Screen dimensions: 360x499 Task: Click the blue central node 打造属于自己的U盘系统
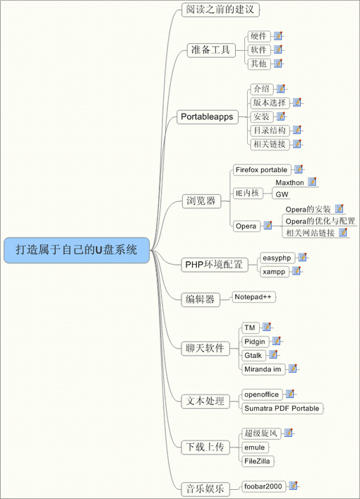pos(76,250)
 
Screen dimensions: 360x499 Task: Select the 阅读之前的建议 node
pos(220,10)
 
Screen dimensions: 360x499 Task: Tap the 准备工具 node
pos(211,50)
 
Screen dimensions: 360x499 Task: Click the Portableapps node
pos(208,116)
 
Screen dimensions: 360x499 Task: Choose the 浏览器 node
pos(201,201)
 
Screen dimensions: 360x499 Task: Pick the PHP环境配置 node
pos(214,265)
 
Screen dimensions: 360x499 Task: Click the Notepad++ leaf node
pos(253,297)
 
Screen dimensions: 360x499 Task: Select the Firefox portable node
pos(262,170)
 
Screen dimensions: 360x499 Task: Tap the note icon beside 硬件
pos(278,35)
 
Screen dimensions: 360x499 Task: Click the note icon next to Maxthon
pos(312,181)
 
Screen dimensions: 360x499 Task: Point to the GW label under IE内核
pos(282,194)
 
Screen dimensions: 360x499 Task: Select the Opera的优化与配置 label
pos(320,221)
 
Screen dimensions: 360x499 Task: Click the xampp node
pos(275,272)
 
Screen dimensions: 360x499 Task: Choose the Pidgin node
pos(255,342)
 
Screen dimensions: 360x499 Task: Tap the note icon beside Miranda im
pos(292,368)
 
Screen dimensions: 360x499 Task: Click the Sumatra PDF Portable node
pos(282,408)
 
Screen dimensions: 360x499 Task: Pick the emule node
pos(255,447)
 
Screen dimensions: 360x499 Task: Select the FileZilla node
pos(258,461)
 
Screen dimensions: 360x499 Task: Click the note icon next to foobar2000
pos(293,486)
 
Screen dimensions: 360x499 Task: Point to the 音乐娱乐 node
pos(205,489)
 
